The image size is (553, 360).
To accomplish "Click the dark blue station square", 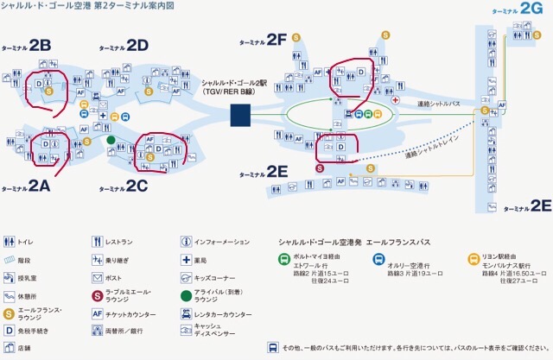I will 240,113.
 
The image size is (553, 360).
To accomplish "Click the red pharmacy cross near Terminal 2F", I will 395,100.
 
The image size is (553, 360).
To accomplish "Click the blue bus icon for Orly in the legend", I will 378,258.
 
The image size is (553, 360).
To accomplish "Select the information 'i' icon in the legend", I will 186,243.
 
